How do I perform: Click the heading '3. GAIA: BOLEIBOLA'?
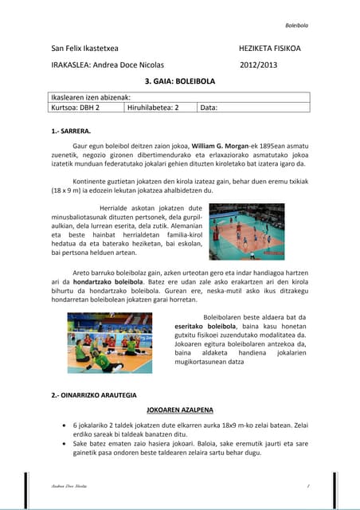pos(180,81)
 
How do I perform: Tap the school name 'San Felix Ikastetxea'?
pos(85,49)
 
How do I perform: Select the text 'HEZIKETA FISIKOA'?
pos(269,49)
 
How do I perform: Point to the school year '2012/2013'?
pos(259,65)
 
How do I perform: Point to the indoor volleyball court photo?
pos(246,231)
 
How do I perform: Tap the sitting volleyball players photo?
pos(110,343)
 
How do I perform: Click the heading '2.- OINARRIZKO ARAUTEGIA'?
pos(94,394)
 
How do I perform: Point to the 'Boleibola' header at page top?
pos(297,25)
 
